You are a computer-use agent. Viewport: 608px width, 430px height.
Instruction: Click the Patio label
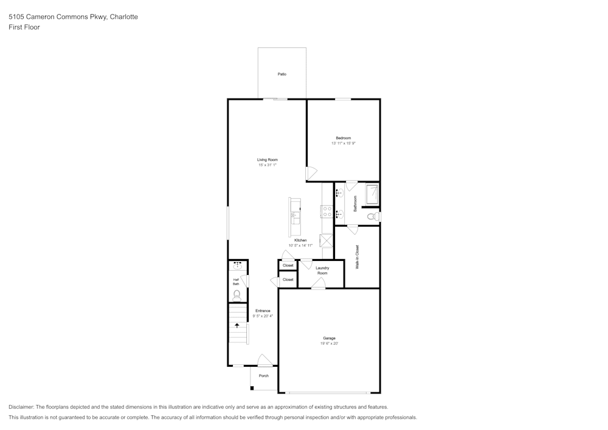(x=282, y=74)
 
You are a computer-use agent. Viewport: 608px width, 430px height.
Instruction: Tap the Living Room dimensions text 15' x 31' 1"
(x=268, y=165)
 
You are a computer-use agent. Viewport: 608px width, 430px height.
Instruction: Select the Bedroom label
(x=344, y=138)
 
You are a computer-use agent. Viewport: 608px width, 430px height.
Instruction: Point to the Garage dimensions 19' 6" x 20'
(x=329, y=344)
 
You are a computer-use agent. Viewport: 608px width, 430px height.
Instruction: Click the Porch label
(x=264, y=376)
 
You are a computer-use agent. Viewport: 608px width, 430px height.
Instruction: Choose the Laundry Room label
(x=322, y=271)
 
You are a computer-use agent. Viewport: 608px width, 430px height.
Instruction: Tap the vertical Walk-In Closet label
(x=358, y=257)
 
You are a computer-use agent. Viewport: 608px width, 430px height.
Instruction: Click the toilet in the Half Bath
(x=237, y=296)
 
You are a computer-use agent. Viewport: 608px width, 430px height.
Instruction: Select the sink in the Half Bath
(x=238, y=266)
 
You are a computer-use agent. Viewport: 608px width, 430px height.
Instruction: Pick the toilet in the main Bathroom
(x=373, y=216)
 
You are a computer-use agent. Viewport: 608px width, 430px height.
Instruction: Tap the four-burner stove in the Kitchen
(x=326, y=212)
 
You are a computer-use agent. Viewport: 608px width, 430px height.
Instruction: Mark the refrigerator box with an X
(x=327, y=240)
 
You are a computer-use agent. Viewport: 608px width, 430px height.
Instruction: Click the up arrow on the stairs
(x=237, y=325)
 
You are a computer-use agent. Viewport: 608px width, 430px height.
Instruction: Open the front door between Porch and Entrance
(x=264, y=361)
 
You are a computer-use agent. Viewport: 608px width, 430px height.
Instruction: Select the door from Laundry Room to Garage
(x=318, y=283)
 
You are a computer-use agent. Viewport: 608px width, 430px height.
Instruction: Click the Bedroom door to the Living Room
(x=311, y=173)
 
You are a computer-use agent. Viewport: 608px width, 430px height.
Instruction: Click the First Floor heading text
(x=24, y=27)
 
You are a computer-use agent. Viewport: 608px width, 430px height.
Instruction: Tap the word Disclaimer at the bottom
(x=21, y=407)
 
